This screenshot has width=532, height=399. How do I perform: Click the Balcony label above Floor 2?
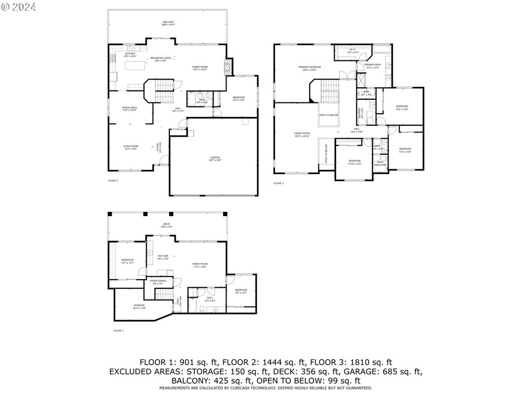167,22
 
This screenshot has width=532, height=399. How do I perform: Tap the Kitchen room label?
130,54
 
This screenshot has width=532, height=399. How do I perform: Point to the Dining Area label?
129,108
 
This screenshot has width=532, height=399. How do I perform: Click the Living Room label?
130,147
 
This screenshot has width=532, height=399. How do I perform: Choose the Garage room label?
215,157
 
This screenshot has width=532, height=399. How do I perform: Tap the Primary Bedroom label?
309,68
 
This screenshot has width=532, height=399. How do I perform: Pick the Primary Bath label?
373,65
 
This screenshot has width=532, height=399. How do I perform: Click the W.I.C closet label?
353,50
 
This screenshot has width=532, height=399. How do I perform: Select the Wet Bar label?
163,256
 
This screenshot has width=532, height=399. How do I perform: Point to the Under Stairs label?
157,281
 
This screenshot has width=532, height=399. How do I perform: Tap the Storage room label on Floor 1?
139,305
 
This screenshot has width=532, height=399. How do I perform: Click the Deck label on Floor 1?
167,224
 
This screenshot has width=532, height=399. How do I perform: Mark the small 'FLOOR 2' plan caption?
113,180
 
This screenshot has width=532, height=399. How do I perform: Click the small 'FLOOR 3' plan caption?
279,183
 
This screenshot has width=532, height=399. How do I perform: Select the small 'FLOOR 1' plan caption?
119,330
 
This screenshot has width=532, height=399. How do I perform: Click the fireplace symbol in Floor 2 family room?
227,66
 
